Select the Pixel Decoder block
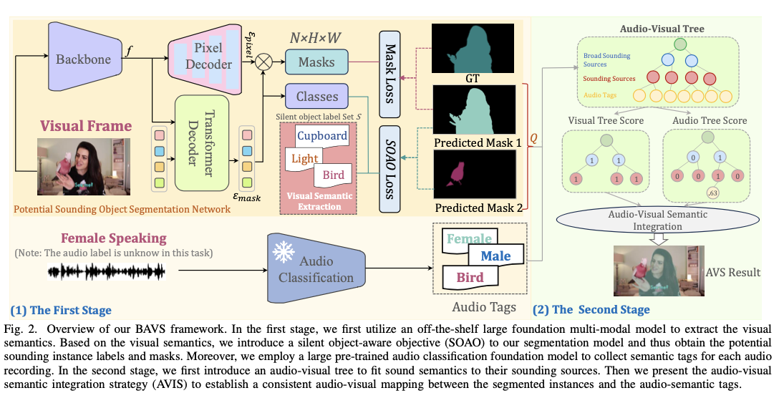[x=208, y=55]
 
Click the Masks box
[x=316, y=62]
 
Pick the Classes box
[x=316, y=96]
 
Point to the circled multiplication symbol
[x=264, y=62]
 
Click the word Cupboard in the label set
[x=322, y=135]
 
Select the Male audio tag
[x=495, y=256]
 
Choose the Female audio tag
[x=470, y=239]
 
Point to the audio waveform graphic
[x=107, y=271]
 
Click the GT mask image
[x=473, y=47]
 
